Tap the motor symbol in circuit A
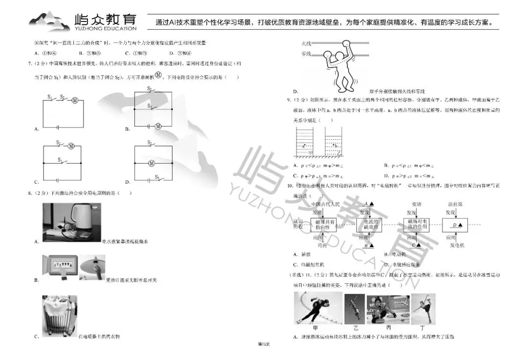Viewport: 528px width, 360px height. [x=75, y=100]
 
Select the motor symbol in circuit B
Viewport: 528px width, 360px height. [x=158, y=126]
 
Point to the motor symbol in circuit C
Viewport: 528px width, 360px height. [x=71, y=145]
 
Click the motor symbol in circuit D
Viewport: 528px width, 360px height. [x=152, y=163]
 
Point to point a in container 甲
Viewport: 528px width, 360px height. [x=304, y=146]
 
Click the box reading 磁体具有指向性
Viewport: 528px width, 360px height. [x=325, y=225]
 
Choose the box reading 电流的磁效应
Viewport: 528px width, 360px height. [x=371, y=225]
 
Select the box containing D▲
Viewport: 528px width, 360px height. [x=456, y=225]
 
